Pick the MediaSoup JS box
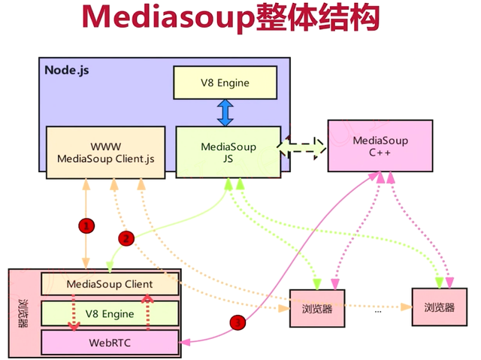point(227,152)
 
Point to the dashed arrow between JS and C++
point(304,148)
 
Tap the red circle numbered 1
point(86,225)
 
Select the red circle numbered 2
point(126,238)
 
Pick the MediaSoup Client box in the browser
point(110,284)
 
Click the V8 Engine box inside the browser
point(110,313)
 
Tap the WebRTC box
point(110,342)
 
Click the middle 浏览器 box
point(316,308)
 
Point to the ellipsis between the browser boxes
point(377,310)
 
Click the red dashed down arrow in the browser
point(73,312)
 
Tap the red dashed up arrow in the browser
point(148,312)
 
